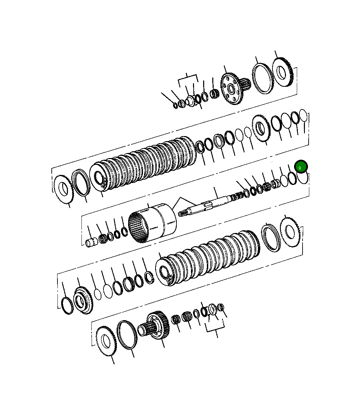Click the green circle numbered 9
coord(300,167)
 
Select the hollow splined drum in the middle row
coord(153,223)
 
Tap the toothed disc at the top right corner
coord(282,73)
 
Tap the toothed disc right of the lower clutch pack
coord(290,232)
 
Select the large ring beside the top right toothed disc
coord(263,78)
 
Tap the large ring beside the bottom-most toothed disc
coord(127,335)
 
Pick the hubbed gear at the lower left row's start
coord(82,300)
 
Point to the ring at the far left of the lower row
coord(67,306)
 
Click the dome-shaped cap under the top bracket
coord(190,101)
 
